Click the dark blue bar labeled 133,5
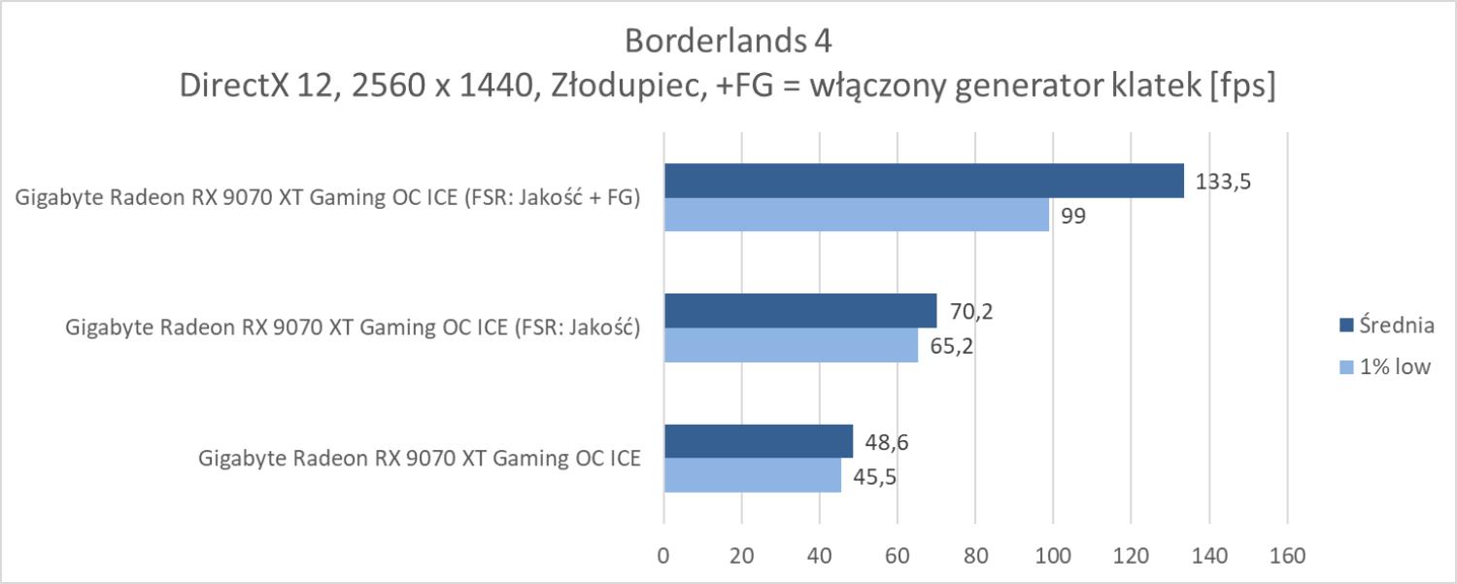[x=923, y=181]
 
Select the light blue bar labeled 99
[x=856, y=215]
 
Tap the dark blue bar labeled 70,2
[x=799, y=311]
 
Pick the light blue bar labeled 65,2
[x=790, y=345]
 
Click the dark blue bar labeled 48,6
[x=758, y=441]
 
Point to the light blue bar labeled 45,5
[x=752, y=475]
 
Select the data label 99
[x=1073, y=216]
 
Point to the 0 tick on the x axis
[x=663, y=556]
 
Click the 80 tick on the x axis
[x=975, y=556]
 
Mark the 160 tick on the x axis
[x=1287, y=556]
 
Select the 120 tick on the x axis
[x=1131, y=556]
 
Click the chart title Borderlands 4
[x=728, y=42]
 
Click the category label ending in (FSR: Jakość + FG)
[x=327, y=199]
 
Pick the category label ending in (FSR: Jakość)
[x=353, y=328]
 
